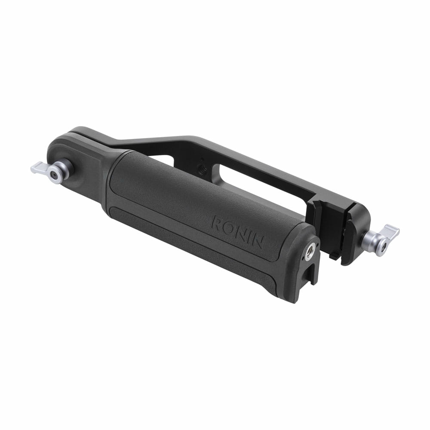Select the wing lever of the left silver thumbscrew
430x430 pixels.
point(39,167)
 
